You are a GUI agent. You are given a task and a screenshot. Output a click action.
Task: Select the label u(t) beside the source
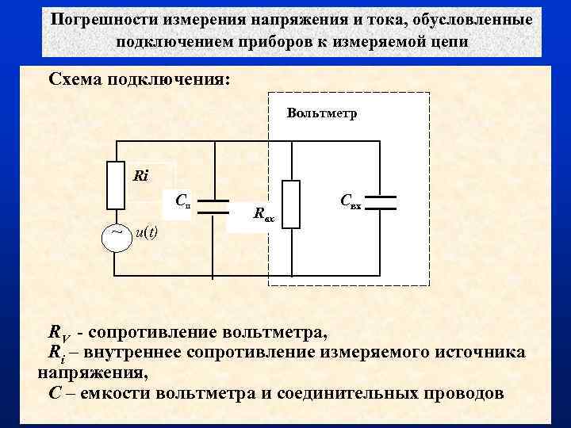[146, 232]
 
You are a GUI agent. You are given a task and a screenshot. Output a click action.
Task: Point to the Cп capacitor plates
[213, 207]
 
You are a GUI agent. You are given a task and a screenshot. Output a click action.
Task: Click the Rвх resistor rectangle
[291, 204]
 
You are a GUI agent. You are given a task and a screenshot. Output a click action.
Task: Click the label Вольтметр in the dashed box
[322, 113]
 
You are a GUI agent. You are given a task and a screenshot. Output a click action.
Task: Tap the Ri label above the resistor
[141, 175]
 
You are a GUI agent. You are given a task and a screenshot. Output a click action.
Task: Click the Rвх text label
[263, 213]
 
